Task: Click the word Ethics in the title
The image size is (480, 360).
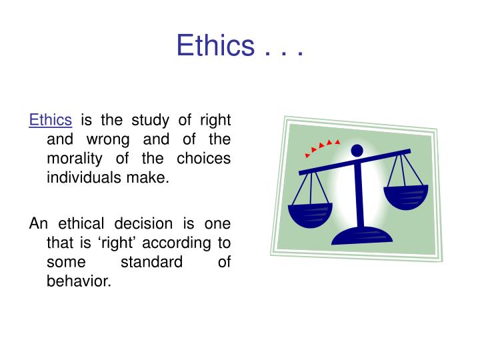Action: point(215,46)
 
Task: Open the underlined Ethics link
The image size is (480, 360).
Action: point(50,121)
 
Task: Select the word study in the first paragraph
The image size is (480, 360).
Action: point(151,121)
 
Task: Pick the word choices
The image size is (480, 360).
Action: point(203,159)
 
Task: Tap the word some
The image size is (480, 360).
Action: point(66,262)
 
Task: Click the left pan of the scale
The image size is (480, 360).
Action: point(309,215)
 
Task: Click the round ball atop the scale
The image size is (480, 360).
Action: point(357,150)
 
